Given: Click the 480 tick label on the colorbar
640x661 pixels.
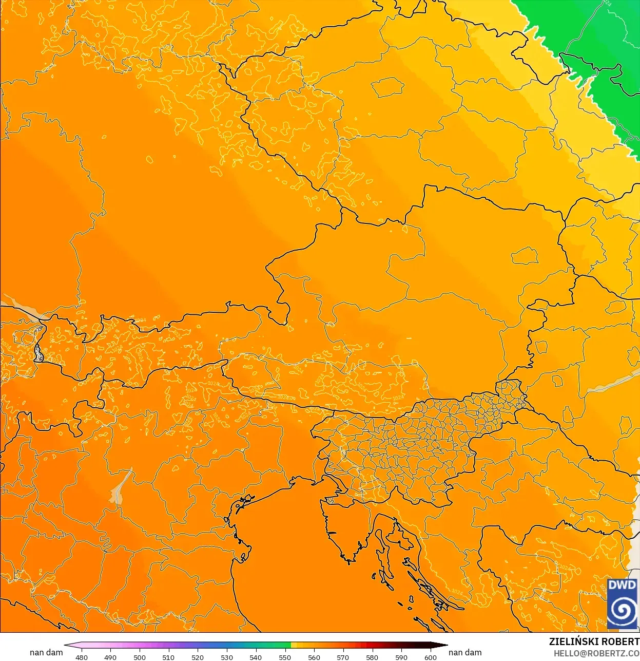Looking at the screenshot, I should click(x=82, y=657).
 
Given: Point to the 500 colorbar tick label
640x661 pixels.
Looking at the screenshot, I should click(x=140, y=657).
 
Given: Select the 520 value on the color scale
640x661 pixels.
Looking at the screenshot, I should click(x=198, y=657).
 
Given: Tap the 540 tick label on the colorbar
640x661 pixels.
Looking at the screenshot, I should click(x=256, y=657).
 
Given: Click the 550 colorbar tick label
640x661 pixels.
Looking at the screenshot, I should click(x=285, y=657).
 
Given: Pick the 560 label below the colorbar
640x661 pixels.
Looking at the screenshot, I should click(x=314, y=657).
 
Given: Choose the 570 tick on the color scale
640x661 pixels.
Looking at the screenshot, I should click(x=343, y=657).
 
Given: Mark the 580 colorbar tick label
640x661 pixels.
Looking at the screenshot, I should click(x=372, y=657).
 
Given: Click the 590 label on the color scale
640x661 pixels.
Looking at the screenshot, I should click(x=401, y=657).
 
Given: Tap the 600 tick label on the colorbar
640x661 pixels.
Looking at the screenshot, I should click(x=431, y=657).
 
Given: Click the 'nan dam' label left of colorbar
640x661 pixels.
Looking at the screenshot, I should click(x=46, y=652).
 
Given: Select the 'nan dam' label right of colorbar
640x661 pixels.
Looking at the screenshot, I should click(x=465, y=652).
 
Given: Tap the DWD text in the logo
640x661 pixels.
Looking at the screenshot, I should click(x=622, y=585).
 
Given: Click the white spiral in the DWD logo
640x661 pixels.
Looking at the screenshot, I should click(x=622, y=610).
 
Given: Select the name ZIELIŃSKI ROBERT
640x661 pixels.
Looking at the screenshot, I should click(x=594, y=641).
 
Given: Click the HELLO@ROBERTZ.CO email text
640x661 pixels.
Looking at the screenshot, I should click(x=596, y=653).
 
